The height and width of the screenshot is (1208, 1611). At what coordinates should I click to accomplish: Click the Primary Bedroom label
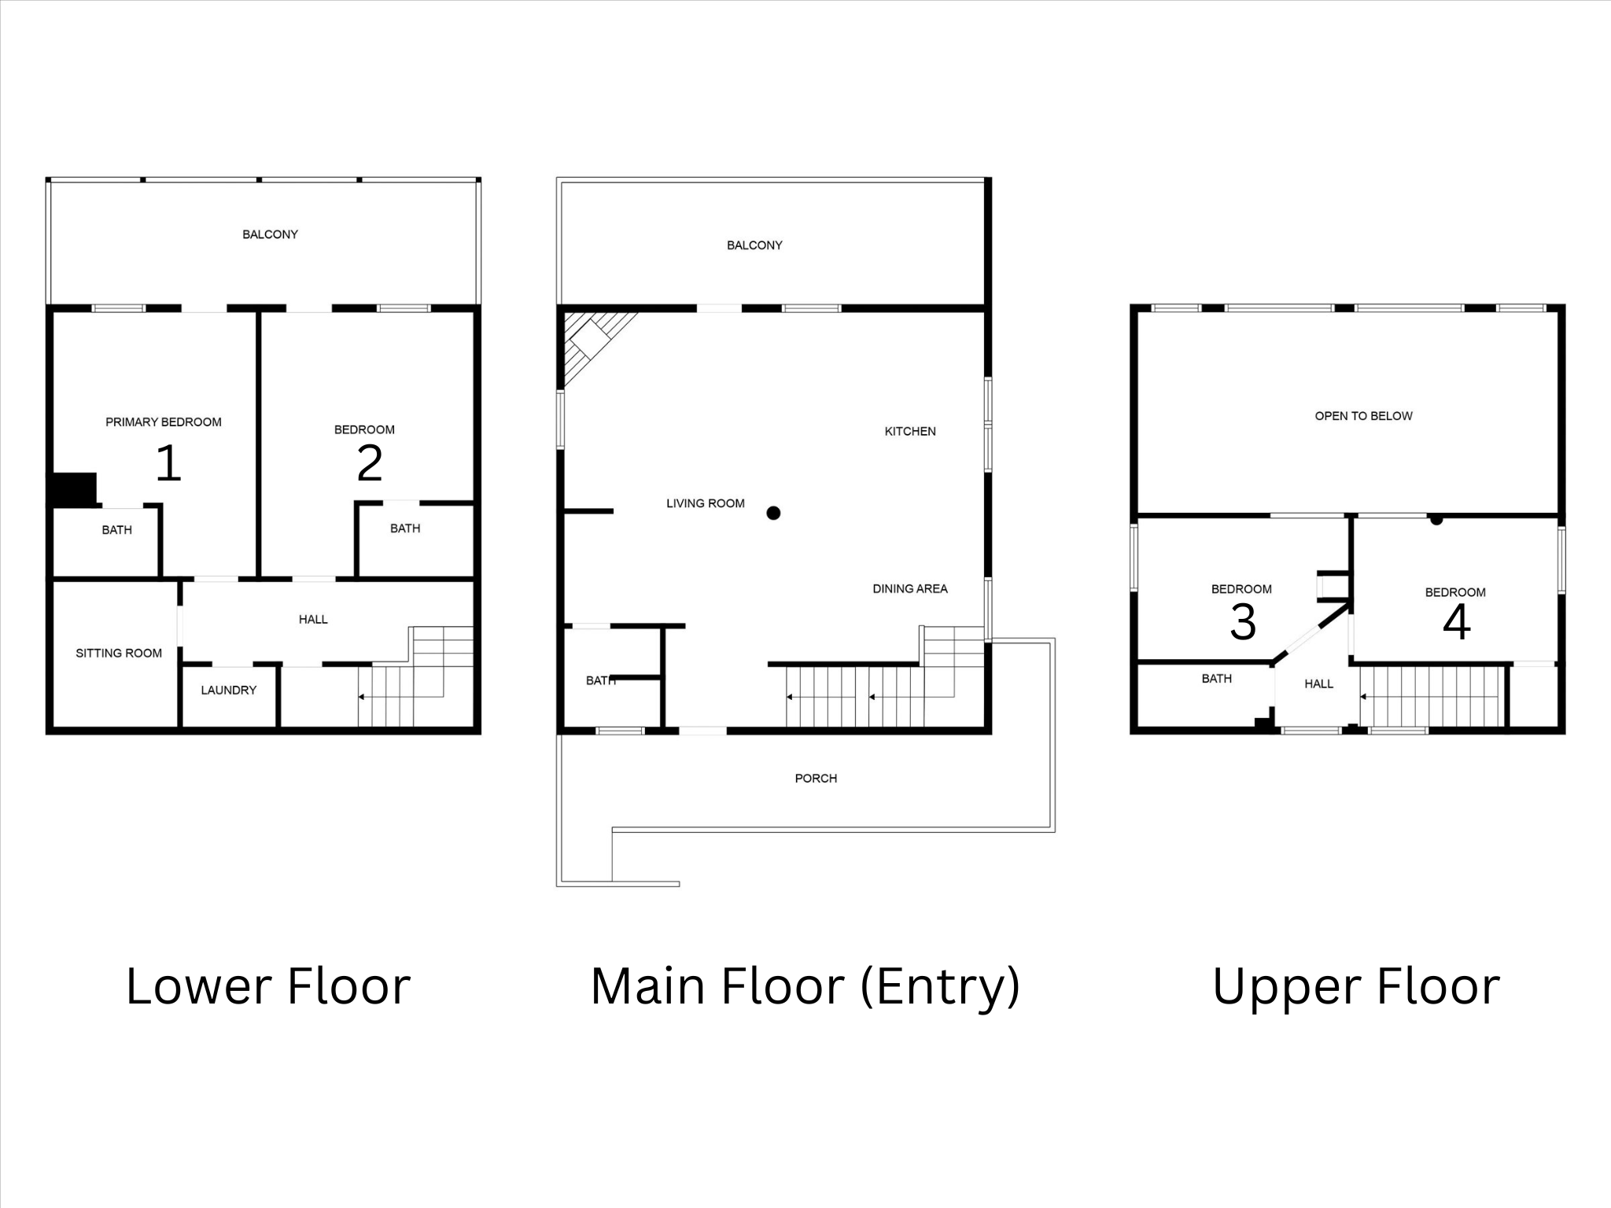pyautogui.click(x=164, y=422)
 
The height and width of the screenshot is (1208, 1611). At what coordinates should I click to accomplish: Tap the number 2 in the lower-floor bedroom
pyautogui.click(x=369, y=464)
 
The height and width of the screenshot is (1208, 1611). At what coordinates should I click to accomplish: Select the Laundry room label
pyautogui.click(x=228, y=691)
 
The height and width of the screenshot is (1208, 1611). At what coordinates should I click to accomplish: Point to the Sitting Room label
pyautogui.click(x=119, y=654)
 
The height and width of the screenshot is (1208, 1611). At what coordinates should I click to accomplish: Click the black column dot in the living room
pyautogui.click(x=773, y=514)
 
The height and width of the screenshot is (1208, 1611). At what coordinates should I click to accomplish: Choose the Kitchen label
pyautogui.click(x=910, y=432)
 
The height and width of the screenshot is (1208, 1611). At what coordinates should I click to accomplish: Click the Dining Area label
pyautogui.click(x=910, y=589)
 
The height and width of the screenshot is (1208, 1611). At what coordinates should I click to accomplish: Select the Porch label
pyautogui.click(x=816, y=779)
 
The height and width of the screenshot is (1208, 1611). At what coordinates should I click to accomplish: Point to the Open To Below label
pyautogui.click(x=1363, y=416)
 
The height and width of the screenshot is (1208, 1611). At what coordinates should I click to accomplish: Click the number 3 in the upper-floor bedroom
pyautogui.click(x=1242, y=622)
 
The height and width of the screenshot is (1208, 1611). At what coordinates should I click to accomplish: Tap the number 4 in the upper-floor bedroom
pyautogui.click(x=1456, y=622)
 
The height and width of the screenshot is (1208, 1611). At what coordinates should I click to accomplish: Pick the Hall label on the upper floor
pyautogui.click(x=1318, y=684)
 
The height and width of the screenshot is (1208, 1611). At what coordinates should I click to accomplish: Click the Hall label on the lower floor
pyautogui.click(x=313, y=620)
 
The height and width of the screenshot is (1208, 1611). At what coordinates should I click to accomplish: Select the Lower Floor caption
pyautogui.click(x=267, y=986)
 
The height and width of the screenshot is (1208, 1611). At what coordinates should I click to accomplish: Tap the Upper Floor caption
pyautogui.click(x=1356, y=986)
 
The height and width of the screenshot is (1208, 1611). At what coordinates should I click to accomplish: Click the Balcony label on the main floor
pyautogui.click(x=754, y=245)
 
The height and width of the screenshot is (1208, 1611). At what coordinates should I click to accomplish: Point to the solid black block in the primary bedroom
pyautogui.click(x=74, y=488)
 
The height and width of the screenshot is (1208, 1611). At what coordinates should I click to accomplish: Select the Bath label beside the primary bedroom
pyautogui.click(x=116, y=530)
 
